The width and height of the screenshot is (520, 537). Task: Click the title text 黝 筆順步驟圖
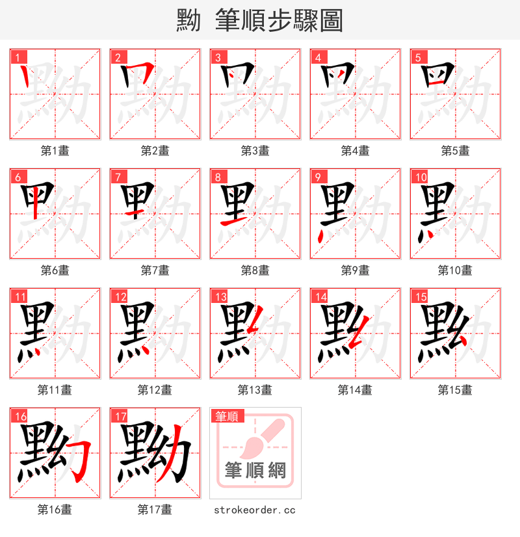click(x=259, y=21)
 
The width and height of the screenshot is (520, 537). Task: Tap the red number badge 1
click(x=17, y=57)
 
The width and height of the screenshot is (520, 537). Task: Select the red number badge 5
click(x=417, y=57)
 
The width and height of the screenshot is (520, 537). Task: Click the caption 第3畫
click(x=255, y=151)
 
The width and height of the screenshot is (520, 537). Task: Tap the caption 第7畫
click(x=155, y=270)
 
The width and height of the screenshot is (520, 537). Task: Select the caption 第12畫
click(x=155, y=390)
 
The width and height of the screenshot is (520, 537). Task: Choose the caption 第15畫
click(x=455, y=390)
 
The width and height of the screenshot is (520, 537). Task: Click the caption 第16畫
click(x=55, y=510)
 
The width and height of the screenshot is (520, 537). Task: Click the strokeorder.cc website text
click(x=255, y=510)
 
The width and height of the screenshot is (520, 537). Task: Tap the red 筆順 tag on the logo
click(x=227, y=416)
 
